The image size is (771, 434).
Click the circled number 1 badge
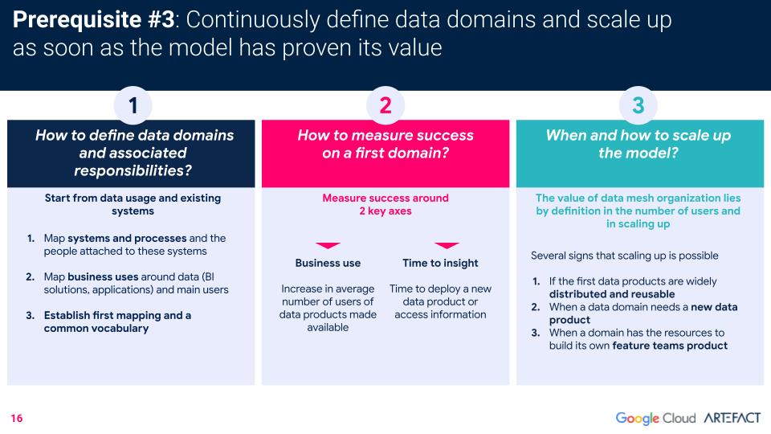(133, 105)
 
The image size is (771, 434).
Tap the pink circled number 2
(385, 105)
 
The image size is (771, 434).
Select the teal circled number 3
(638, 105)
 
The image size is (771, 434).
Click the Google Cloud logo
(655, 418)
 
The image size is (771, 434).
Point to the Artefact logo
(732, 418)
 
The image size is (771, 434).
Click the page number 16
(17, 418)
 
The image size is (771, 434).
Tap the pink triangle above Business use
(328, 245)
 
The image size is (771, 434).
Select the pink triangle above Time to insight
(447, 245)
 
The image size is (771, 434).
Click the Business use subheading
(328, 263)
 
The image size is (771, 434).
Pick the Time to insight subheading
(441, 264)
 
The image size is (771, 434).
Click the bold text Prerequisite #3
(93, 19)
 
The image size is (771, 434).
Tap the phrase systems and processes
(127, 238)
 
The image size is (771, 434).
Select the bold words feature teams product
(670, 346)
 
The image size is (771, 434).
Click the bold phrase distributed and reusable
(612, 294)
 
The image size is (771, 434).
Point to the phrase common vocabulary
(96, 328)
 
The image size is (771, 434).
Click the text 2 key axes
(385, 211)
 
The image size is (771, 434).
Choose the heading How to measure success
(385, 135)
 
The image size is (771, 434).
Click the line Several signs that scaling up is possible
(625, 256)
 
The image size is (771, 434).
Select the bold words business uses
(104, 276)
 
